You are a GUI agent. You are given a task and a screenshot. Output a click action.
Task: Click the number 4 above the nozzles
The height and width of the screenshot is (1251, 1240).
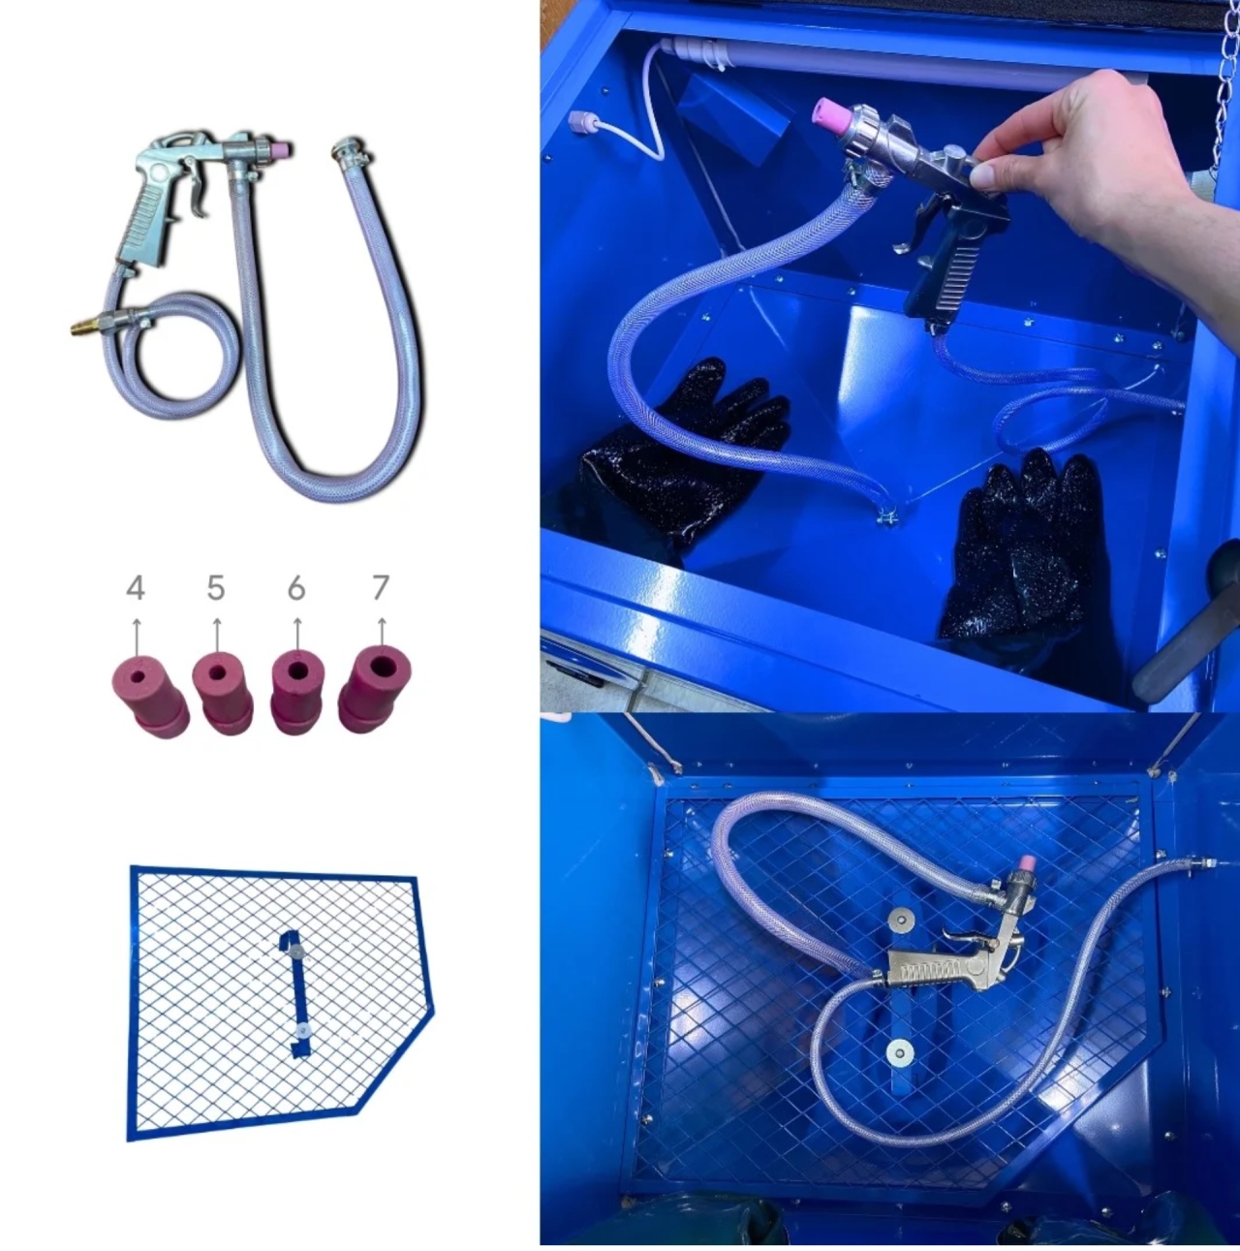coord(135,588)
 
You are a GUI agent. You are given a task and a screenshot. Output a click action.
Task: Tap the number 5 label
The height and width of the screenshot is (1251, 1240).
coord(216,588)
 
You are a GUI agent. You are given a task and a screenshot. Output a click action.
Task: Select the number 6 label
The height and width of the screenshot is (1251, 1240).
coord(296,588)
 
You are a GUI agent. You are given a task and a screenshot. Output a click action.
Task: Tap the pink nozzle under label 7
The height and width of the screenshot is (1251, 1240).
coord(376,689)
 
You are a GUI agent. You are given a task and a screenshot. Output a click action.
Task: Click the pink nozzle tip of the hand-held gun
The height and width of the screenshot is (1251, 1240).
coord(830,119)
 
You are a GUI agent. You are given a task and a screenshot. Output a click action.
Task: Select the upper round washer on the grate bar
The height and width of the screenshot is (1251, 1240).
coord(899,918)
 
